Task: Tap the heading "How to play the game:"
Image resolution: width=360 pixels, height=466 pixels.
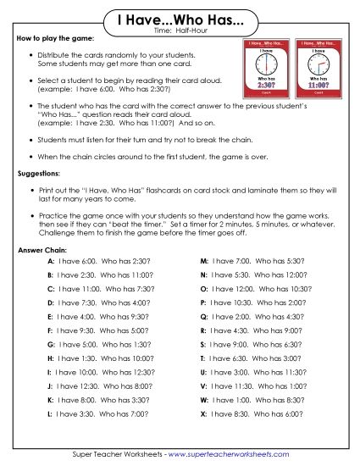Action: [x=55, y=40]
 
